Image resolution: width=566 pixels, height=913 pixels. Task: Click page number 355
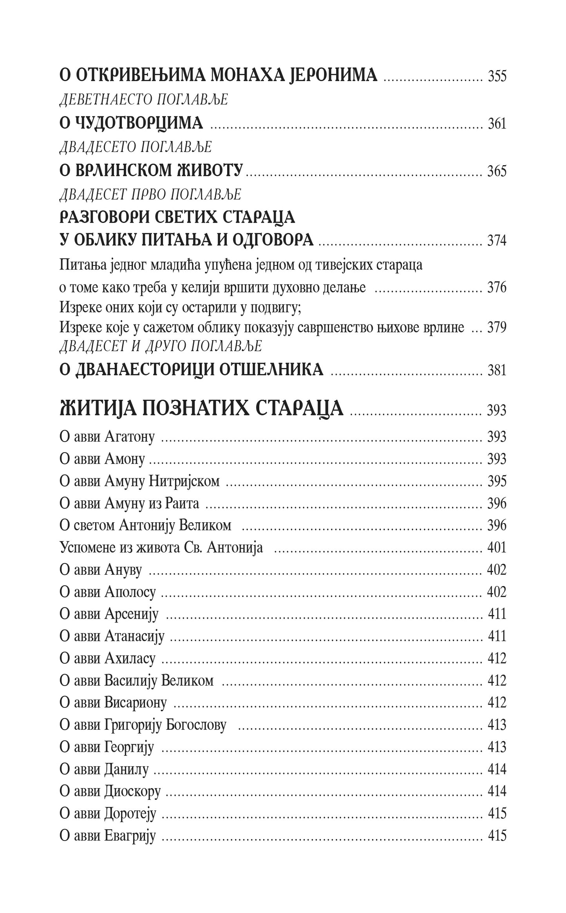(497, 76)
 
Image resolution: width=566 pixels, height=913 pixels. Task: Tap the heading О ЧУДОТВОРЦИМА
(131, 123)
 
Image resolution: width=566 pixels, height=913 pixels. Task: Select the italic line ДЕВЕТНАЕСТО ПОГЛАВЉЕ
(143, 100)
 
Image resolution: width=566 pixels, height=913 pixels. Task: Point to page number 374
(497, 240)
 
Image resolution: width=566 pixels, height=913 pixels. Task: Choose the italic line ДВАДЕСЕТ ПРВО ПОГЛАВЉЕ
(150, 194)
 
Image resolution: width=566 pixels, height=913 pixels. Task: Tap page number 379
(497, 327)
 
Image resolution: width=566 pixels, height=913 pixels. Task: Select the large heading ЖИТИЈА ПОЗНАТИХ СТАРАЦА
(201, 409)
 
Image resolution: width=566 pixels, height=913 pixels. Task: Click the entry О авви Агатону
(107, 437)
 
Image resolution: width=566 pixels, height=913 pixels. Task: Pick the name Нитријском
(184, 481)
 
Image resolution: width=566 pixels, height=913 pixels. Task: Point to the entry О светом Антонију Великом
(145, 525)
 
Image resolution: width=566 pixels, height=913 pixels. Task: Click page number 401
(497, 548)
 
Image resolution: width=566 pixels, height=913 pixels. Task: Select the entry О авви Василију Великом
(136, 681)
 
